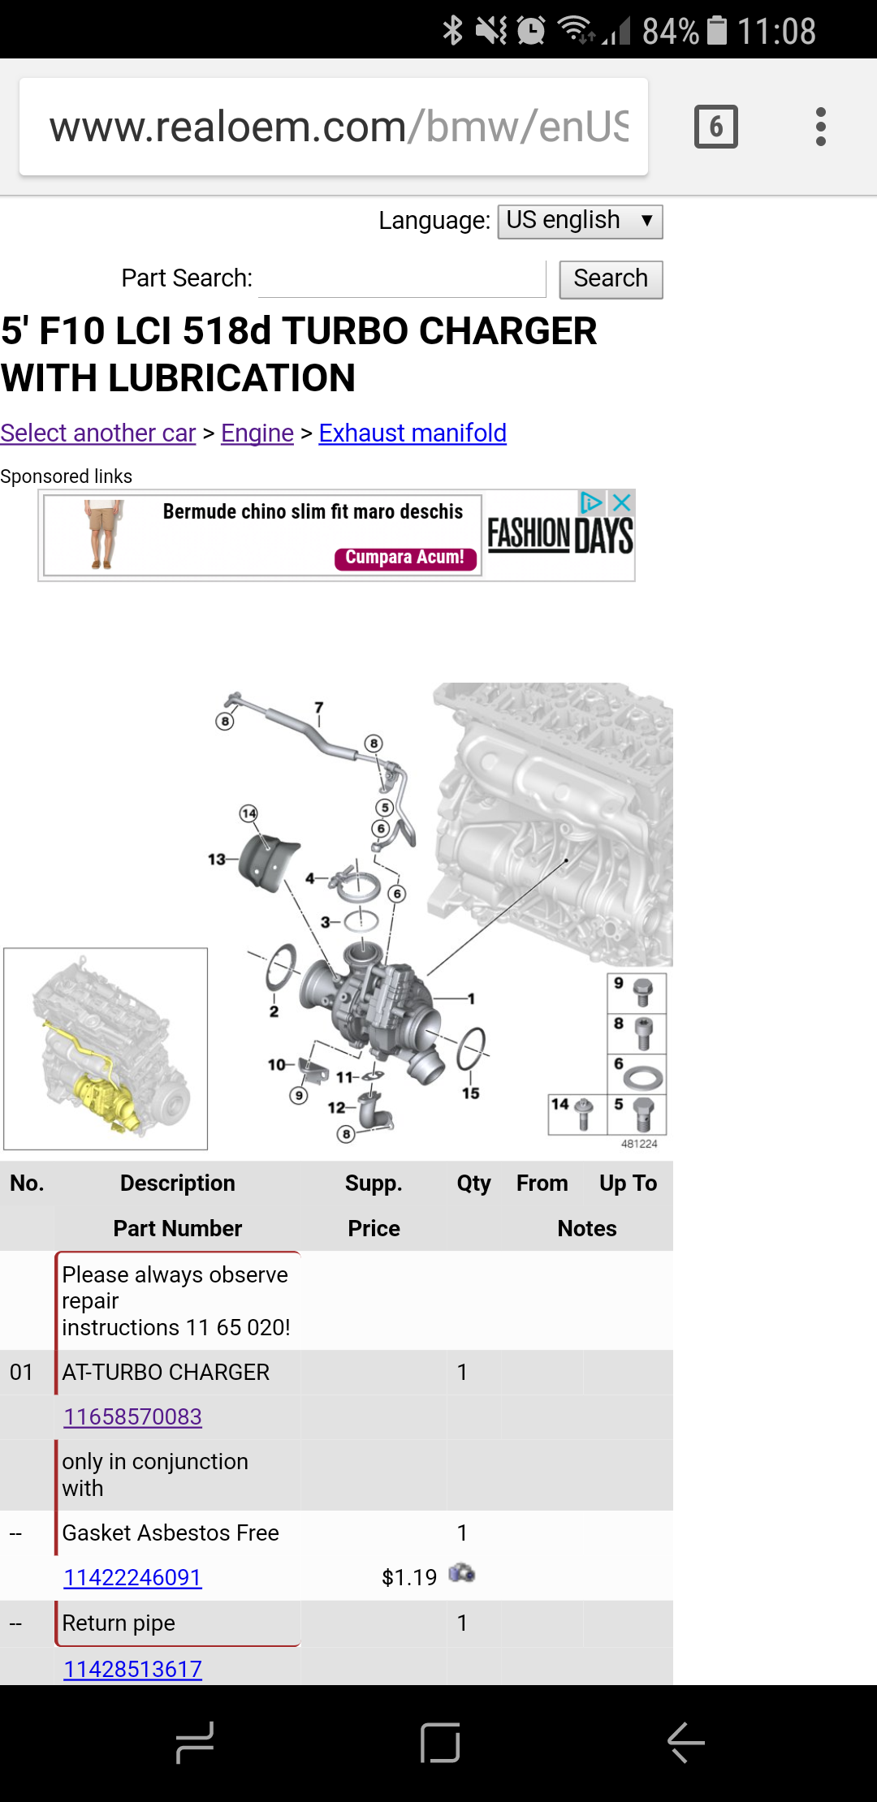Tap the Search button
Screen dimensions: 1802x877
(x=611, y=279)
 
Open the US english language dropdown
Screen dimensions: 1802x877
(x=580, y=222)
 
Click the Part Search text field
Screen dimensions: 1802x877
(x=402, y=279)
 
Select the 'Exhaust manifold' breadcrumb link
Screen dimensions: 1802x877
(x=413, y=433)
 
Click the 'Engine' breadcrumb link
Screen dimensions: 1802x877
(x=257, y=433)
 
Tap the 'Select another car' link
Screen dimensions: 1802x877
(x=98, y=433)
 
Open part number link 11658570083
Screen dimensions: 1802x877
(x=133, y=1416)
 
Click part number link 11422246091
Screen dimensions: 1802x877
(x=133, y=1577)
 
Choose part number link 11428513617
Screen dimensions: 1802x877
(x=133, y=1669)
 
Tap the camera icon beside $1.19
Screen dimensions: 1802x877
(x=461, y=1573)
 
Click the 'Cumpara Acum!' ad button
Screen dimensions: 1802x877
(x=405, y=558)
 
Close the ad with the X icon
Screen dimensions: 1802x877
(x=622, y=503)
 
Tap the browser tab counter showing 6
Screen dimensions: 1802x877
(x=715, y=127)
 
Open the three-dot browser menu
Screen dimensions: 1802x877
(x=821, y=127)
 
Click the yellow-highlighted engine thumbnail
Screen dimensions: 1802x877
(x=106, y=1049)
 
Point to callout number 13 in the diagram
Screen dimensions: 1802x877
(x=216, y=859)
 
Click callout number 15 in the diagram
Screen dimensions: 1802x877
(x=471, y=1093)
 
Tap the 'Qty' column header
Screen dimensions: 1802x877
(x=473, y=1183)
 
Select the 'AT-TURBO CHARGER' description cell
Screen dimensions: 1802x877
(x=166, y=1372)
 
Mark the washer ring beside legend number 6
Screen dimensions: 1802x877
(x=643, y=1077)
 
